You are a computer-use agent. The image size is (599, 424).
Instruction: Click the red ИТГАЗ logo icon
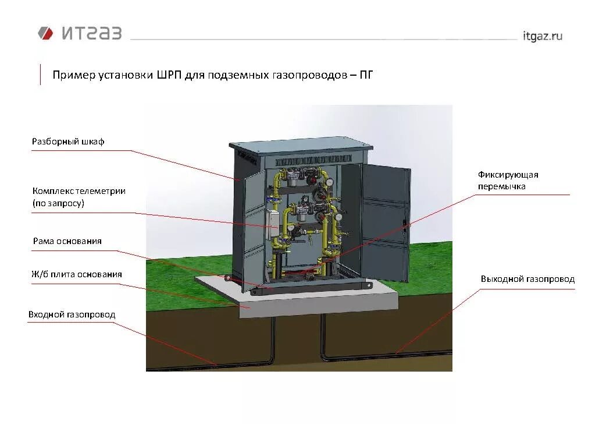[45, 33]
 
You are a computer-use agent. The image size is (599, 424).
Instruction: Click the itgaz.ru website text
[542, 36]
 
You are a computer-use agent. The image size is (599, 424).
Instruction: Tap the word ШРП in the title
[168, 75]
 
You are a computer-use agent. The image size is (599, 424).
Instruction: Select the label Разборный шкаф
[68, 142]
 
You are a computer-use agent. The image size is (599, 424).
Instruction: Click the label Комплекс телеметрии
[79, 191]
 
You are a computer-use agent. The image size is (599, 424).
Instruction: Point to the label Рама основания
[67, 241]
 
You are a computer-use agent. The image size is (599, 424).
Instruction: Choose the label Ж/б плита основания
[77, 274]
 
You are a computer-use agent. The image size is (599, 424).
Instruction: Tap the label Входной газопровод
[72, 315]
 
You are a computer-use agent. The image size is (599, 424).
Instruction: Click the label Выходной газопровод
[527, 279]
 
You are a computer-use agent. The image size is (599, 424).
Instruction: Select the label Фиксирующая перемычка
[508, 181]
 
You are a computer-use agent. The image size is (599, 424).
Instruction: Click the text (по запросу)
[58, 203]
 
